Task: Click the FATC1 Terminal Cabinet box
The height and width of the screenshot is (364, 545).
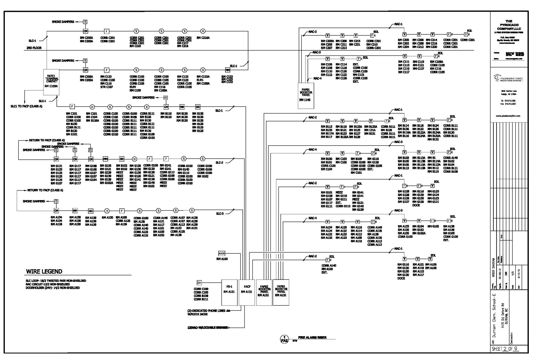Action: coord(51,82)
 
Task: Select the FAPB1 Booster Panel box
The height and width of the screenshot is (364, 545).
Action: coord(306,96)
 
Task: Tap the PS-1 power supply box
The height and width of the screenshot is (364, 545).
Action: coord(229,292)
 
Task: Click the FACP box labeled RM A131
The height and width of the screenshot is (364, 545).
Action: coord(247,292)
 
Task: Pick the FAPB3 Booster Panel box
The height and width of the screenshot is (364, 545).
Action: coord(281,292)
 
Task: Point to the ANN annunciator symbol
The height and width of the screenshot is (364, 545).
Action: coord(222,253)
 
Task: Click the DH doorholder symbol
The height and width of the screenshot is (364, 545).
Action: coord(199,283)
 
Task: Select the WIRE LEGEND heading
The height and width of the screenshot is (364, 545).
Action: coord(44,272)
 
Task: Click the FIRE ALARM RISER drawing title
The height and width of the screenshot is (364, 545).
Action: coord(312,338)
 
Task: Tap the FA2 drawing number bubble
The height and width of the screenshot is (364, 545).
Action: coord(284,339)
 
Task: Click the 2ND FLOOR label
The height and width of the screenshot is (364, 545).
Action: coord(34,48)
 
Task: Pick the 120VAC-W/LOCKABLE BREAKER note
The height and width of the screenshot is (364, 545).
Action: coord(208,328)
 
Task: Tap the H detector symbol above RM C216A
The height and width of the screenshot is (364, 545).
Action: coord(203,31)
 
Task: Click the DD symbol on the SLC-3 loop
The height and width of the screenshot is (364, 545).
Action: coord(91,211)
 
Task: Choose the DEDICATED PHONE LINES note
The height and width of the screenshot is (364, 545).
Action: coord(208,311)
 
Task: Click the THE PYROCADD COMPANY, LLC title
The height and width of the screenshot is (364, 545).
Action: coord(509,25)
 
